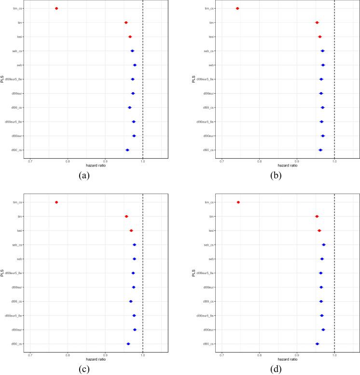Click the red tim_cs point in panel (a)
tap(56, 8)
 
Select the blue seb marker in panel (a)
tap(135, 65)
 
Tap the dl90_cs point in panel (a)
tap(127, 150)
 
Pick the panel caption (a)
tap(84, 176)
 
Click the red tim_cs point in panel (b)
tap(237, 8)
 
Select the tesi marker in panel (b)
tap(319, 37)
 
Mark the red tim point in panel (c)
tap(126, 217)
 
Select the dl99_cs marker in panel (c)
tap(130, 302)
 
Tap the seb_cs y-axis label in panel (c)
tap(18, 245)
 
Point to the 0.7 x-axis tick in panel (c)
tap(30, 356)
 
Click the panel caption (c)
tap(84, 370)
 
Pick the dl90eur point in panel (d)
tap(323, 330)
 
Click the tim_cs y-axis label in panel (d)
tap(210, 202)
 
